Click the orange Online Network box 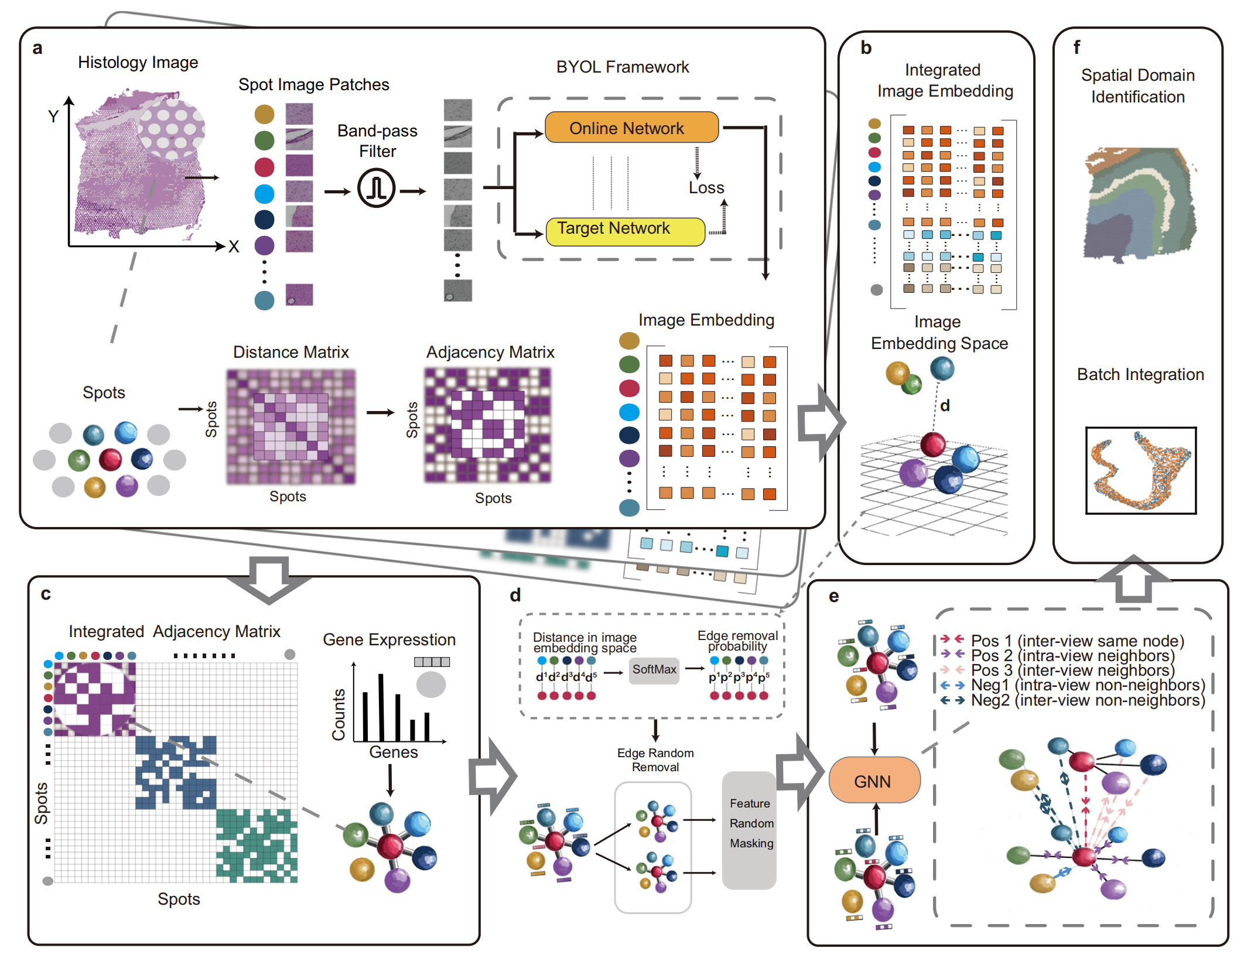[x=631, y=127]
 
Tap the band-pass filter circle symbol [x=377, y=189]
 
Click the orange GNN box [x=874, y=780]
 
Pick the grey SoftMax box [x=654, y=670]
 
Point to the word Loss [x=706, y=187]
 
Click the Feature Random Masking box [x=749, y=830]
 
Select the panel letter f [x=1076, y=47]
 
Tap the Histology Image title [x=138, y=62]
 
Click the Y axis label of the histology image [x=53, y=117]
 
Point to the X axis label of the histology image [x=234, y=247]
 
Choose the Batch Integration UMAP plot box [x=1140, y=471]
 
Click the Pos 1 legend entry [x=1062, y=641]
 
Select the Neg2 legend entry [x=1072, y=700]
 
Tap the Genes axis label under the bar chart [x=394, y=752]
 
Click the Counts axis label [x=339, y=714]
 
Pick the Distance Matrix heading [x=291, y=352]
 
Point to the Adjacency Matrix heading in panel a [x=490, y=353]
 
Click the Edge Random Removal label [x=655, y=760]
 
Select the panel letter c [x=46, y=594]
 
